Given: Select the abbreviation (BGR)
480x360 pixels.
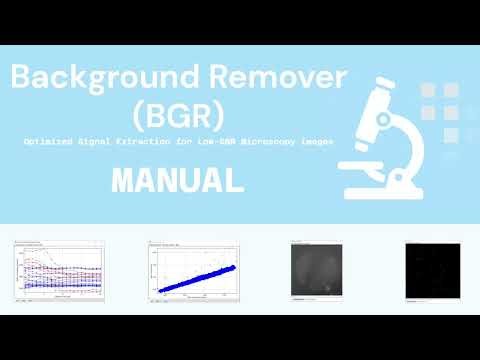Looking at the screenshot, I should (179, 113).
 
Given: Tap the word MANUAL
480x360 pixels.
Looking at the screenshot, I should (179, 180).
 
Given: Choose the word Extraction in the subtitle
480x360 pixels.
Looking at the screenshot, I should (157, 142).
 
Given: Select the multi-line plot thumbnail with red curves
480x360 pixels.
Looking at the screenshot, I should (59, 272).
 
